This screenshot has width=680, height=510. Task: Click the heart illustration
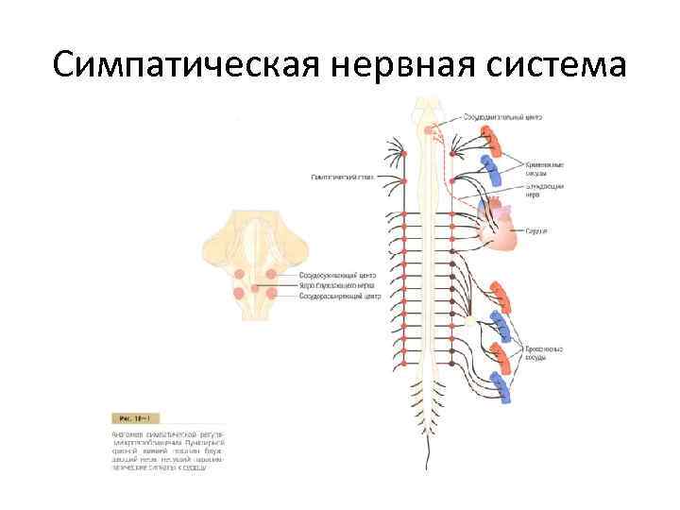coord(501,228)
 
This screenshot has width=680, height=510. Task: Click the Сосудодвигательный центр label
coord(502,117)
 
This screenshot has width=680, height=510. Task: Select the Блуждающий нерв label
coord(545,191)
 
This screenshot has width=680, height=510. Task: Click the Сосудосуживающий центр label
coord(337,274)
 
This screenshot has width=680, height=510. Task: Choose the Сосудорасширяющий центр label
coord(339,297)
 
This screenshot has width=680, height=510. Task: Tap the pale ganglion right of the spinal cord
coord(469,321)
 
